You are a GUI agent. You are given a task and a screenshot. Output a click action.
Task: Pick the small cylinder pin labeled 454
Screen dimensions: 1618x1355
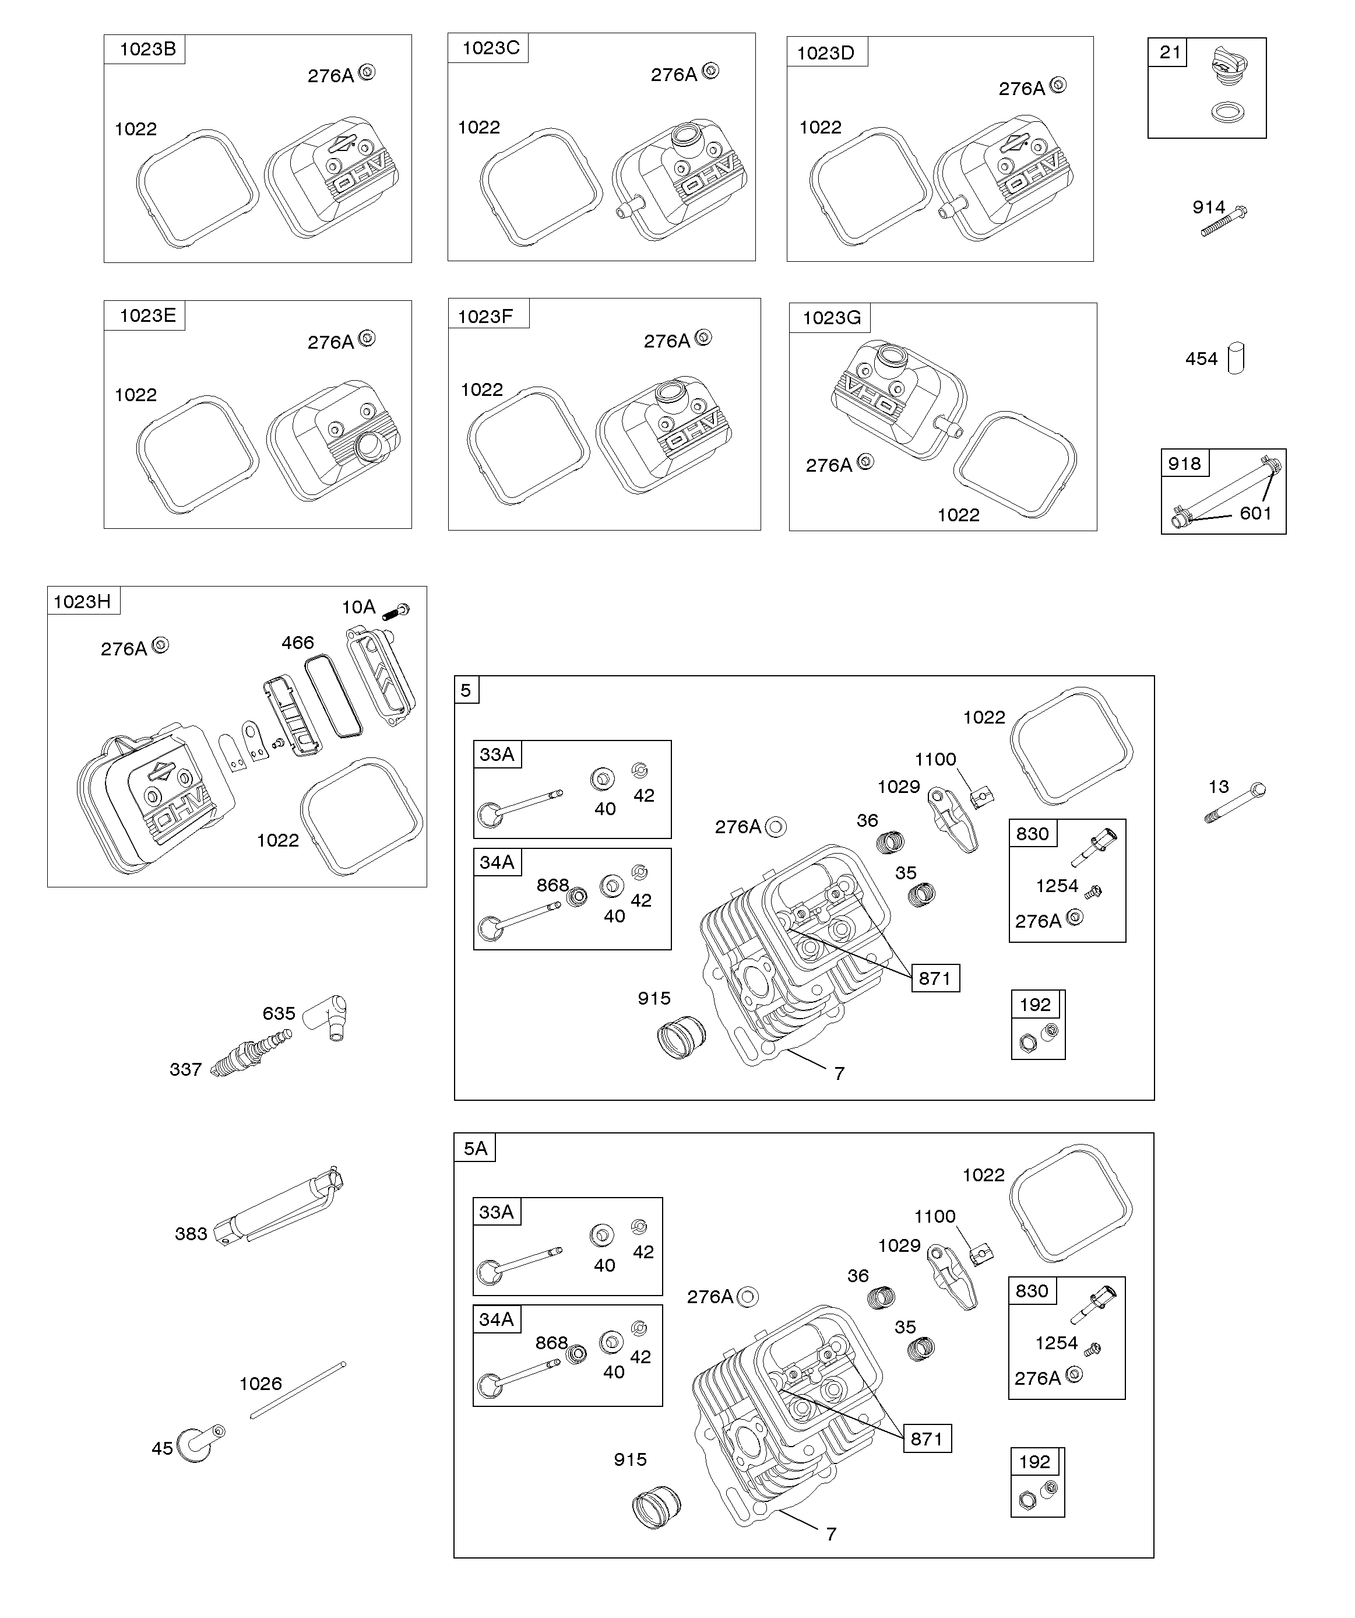[1236, 357]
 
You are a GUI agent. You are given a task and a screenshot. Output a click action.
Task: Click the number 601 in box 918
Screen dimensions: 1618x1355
[1255, 513]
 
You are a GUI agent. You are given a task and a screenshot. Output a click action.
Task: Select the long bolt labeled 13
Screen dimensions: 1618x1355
[1236, 803]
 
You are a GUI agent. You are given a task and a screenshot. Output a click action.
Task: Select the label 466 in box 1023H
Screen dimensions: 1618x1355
[297, 643]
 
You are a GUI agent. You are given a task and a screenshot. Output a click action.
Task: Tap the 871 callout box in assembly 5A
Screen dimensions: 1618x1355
[926, 1438]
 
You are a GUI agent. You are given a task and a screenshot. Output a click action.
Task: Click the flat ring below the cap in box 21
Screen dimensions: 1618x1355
[1227, 113]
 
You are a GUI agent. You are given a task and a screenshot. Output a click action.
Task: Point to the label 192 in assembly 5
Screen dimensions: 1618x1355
[1034, 1005]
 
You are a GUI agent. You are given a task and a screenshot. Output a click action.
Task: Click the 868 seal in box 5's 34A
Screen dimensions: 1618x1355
[576, 896]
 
